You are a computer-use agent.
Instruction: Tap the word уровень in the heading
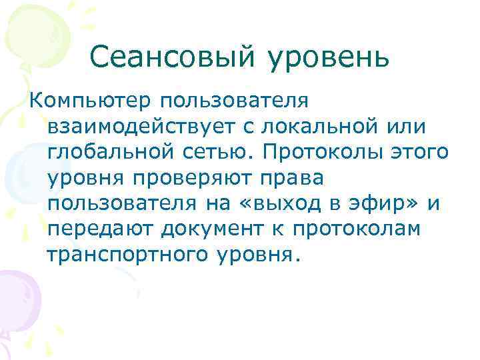click(x=329, y=58)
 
